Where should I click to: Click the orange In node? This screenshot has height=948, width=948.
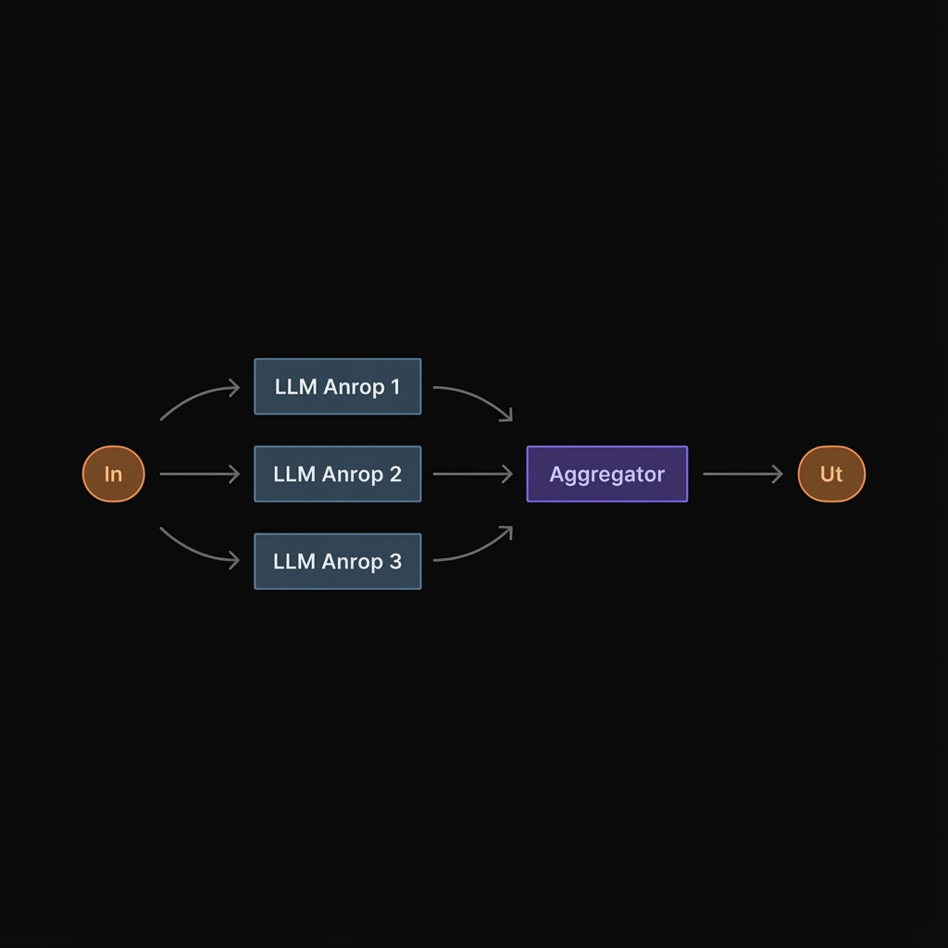pos(113,474)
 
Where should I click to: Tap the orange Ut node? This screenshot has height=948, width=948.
pos(830,474)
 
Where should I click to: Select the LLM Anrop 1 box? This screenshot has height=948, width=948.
pos(337,387)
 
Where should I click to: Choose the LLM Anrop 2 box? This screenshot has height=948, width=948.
pos(337,474)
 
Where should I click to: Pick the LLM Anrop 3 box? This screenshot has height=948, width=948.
pos(337,561)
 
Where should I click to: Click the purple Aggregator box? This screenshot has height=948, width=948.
pos(606,474)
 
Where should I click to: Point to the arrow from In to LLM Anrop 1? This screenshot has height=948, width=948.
pos(196,398)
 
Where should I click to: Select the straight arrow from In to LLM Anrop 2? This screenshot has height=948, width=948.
pos(199,474)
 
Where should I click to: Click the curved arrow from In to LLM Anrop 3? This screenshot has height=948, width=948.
pos(196,550)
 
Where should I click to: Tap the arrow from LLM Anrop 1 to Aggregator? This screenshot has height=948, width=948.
pos(477,397)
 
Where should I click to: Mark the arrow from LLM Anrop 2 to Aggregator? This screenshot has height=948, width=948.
pos(472,474)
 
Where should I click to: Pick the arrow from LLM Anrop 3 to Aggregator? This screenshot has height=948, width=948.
pos(477,549)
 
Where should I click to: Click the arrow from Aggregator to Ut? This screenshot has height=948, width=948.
pos(742,474)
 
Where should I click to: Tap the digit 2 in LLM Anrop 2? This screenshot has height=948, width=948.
pos(395,474)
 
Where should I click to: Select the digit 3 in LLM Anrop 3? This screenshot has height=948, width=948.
pos(395,561)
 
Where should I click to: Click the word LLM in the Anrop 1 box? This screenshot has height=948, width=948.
pos(295,387)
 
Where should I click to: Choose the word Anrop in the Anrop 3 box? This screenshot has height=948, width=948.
pos(353,561)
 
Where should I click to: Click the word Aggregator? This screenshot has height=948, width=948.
pos(606,474)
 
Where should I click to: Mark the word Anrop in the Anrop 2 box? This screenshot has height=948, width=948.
pos(353,474)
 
